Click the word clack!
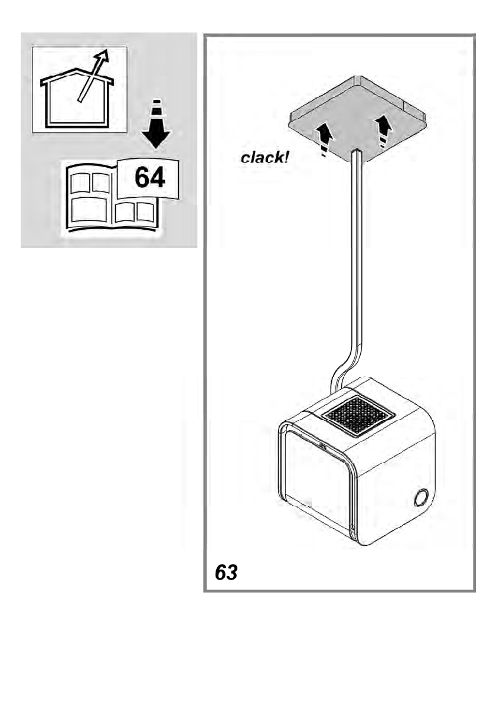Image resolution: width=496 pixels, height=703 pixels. (x=265, y=158)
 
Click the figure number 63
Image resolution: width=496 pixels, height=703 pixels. (x=226, y=572)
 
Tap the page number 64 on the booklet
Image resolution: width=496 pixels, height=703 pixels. (x=149, y=177)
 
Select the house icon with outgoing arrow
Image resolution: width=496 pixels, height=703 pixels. (x=79, y=90)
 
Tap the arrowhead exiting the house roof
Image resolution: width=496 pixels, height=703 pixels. (x=103, y=57)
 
